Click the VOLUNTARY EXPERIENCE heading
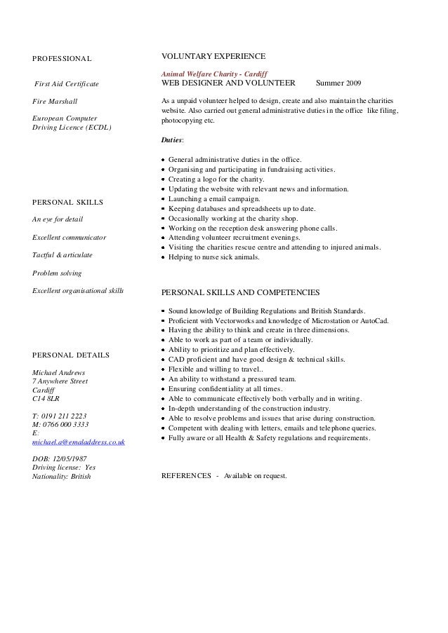coord(213,55)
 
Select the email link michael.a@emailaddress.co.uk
coord(79,442)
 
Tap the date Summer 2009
coord(339,83)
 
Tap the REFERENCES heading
coord(185,475)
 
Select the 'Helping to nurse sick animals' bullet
coord(213,257)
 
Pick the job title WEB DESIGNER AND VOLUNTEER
coord(228,83)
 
